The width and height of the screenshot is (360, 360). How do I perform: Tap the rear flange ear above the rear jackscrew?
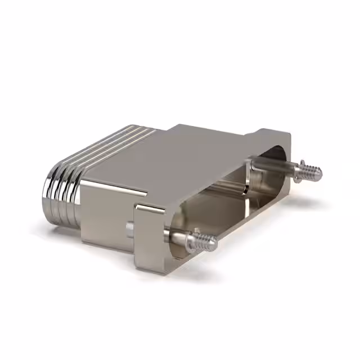276,141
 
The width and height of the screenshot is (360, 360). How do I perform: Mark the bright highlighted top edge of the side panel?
112,186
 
